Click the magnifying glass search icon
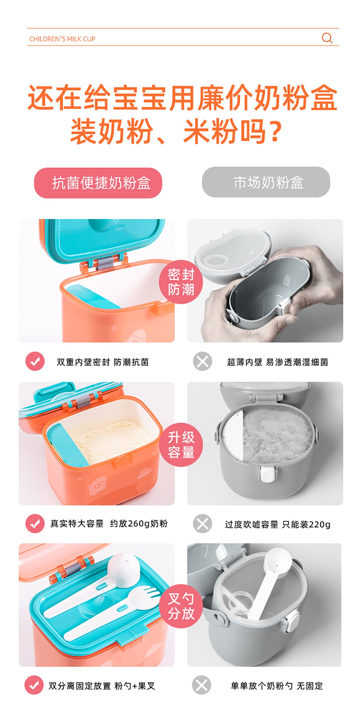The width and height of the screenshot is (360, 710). (327, 38)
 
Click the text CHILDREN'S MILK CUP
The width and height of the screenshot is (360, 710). (62, 39)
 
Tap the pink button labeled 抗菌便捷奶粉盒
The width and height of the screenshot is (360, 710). (98, 183)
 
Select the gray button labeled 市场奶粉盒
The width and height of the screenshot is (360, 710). (266, 182)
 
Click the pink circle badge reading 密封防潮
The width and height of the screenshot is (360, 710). (181, 282)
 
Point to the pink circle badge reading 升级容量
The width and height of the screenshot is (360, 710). (181, 445)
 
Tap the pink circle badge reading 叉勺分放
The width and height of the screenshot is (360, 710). (181, 606)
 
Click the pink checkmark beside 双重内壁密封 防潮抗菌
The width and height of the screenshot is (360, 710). (35, 361)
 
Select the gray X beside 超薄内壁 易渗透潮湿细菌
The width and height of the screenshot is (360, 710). (202, 361)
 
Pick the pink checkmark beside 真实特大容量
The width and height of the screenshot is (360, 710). (35, 524)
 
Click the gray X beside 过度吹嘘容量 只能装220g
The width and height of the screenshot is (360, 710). (202, 524)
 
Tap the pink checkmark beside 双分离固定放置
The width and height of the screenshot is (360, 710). (34, 685)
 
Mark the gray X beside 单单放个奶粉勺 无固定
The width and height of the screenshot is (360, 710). (202, 685)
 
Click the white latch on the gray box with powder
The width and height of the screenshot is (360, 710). (268, 474)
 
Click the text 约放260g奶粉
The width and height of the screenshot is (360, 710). (139, 524)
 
